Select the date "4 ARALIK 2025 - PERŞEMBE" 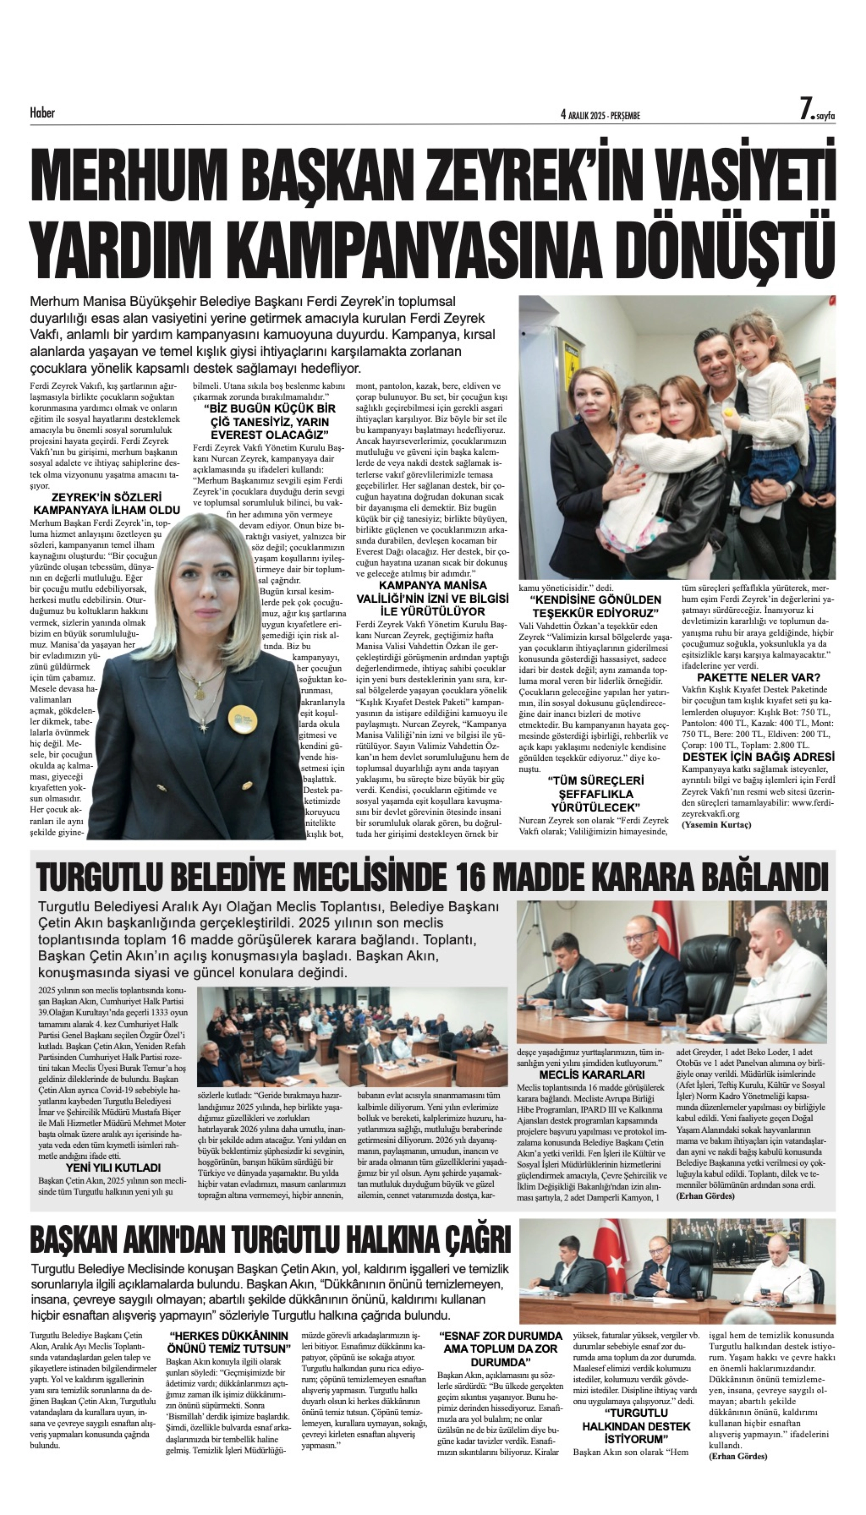[x=600, y=116]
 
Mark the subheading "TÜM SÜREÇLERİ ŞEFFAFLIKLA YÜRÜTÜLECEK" [x=595, y=794]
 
